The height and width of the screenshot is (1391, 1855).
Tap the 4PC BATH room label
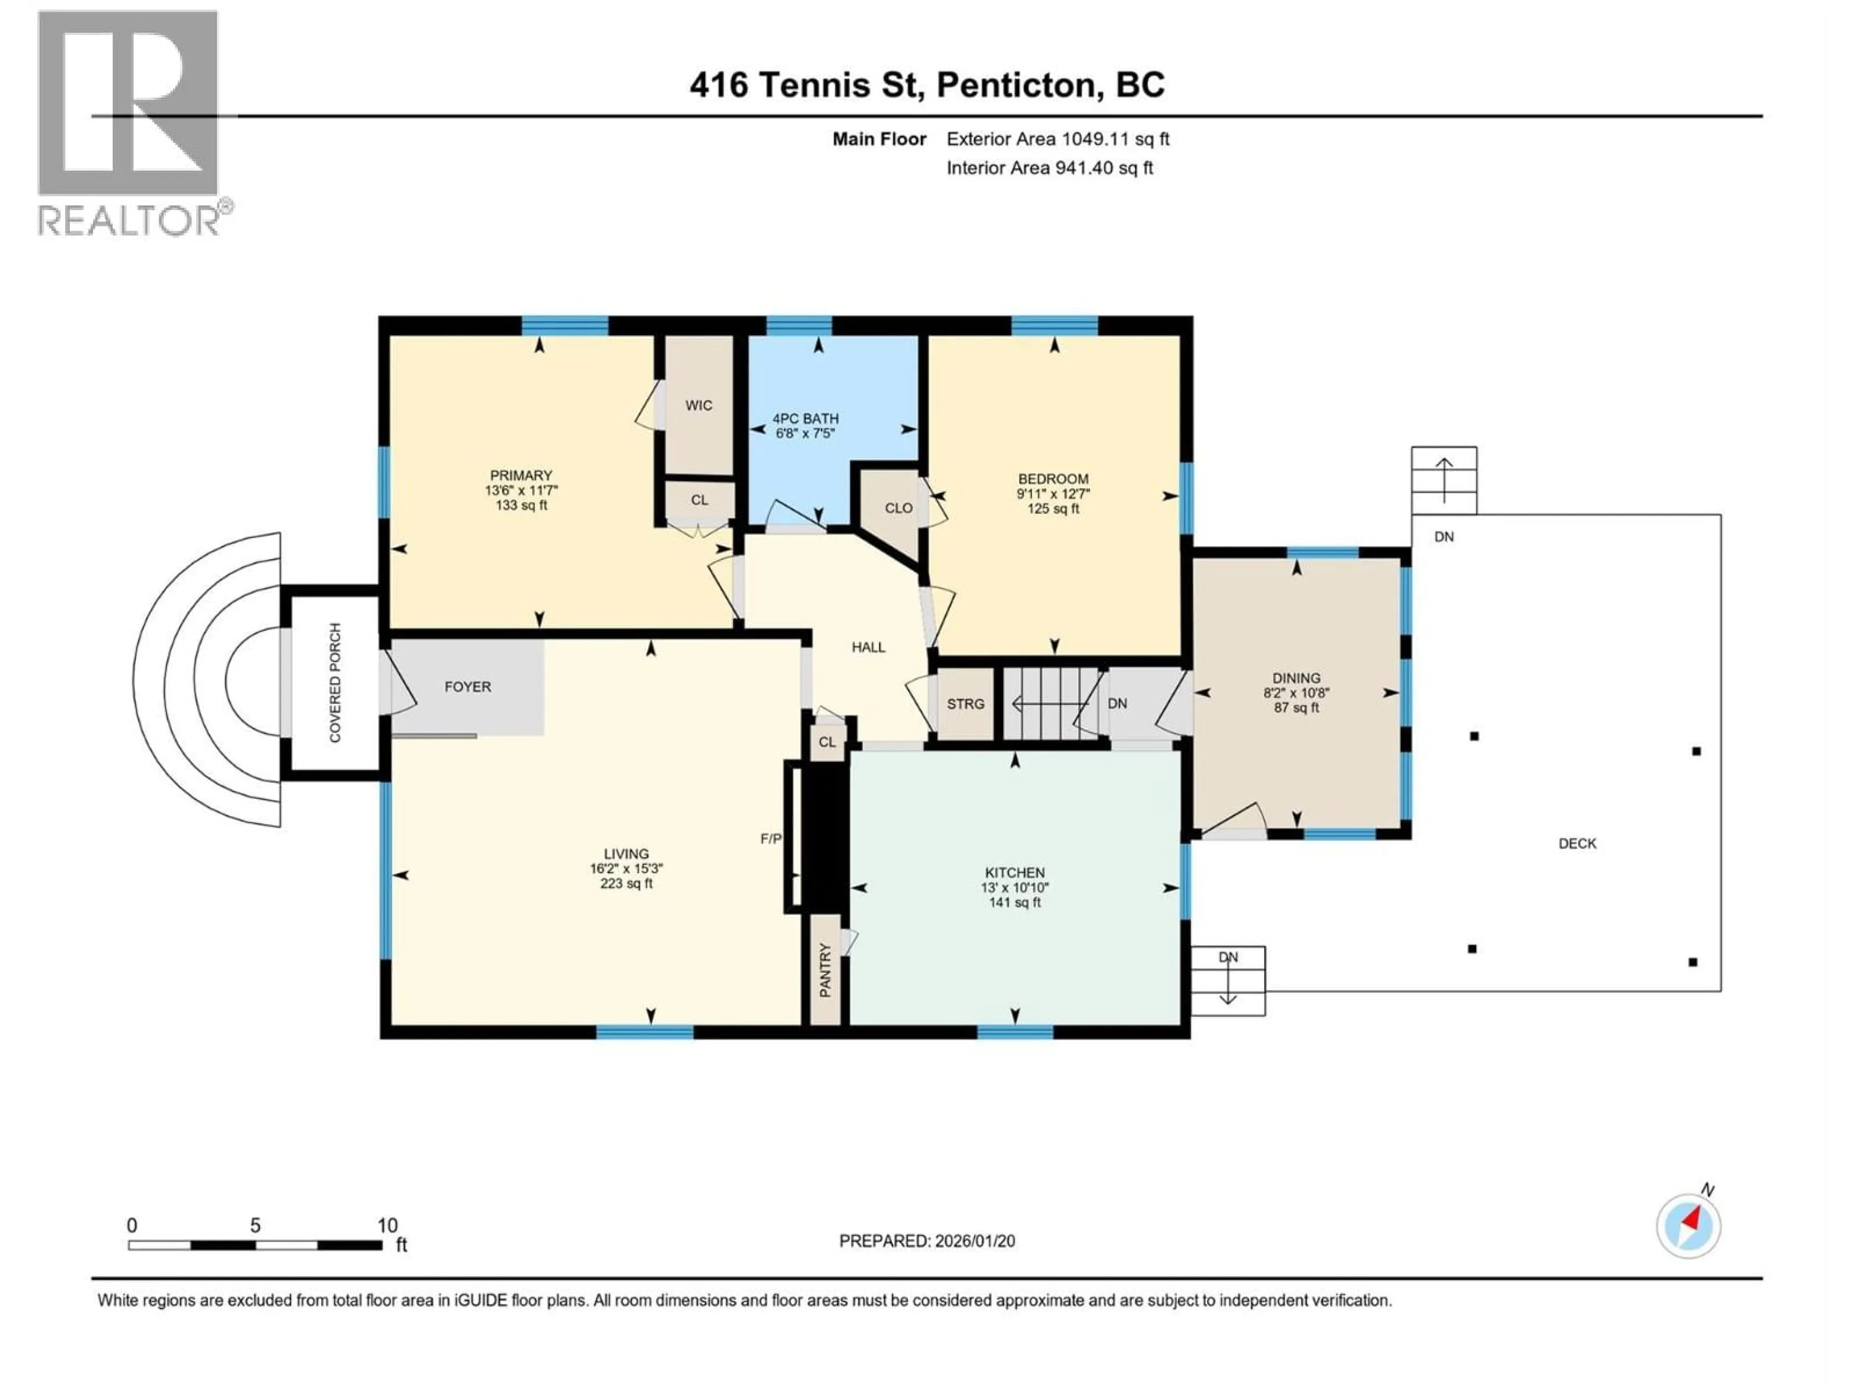point(805,418)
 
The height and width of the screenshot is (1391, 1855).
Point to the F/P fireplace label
point(771,838)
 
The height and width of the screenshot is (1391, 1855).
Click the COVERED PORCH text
point(335,682)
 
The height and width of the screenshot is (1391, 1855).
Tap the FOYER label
point(467,687)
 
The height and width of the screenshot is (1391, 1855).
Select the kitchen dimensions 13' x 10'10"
point(1015,888)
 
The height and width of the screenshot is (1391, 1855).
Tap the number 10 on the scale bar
point(386,1226)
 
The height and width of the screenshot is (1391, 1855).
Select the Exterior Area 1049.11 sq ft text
point(1057,139)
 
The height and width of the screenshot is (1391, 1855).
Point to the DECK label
point(1577,843)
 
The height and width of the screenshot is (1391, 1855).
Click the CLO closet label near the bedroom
point(898,508)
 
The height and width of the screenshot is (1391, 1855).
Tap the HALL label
point(868,647)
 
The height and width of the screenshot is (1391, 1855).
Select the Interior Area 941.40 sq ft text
point(1049,168)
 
